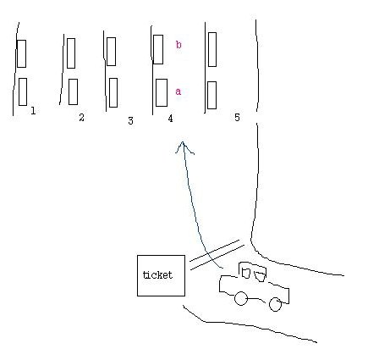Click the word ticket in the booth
click(x=157, y=274)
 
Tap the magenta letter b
click(x=179, y=44)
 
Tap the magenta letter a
click(x=178, y=91)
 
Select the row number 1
click(x=33, y=110)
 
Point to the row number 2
click(x=81, y=117)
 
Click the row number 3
click(x=130, y=121)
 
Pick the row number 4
click(x=170, y=119)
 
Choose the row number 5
click(x=237, y=117)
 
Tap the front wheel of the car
click(x=241, y=298)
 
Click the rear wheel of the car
click(x=275, y=304)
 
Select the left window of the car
click(x=246, y=273)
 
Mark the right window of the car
click(x=260, y=276)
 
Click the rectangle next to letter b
click(x=158, y=49)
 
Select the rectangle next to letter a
click(x=162, y=92)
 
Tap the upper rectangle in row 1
click(x=22, y=53)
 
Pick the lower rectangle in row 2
click(x=73, y=91)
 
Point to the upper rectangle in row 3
click(x=111, y=52)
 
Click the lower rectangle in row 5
click(x=211, y=95)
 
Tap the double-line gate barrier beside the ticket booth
click(x=217, y=255)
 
